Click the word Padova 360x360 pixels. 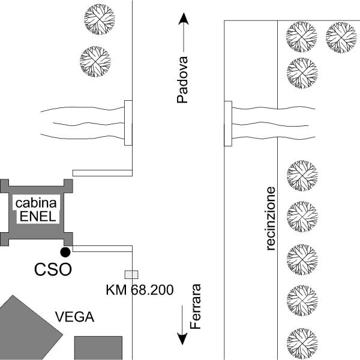pyautogui.click(x=183, y=80)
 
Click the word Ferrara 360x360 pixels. pyautogui.click(x=195, y=307)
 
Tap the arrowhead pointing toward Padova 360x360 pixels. pyautogui.click(x=183, y=21)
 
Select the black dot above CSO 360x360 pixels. pyautogui.click(x=65, y=252)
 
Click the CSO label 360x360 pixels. pyautogui.click(x=53, y=269)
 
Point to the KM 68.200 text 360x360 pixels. pyautogui.click(x=140, y=291)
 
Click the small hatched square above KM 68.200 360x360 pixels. pyautogui.click(x=129, y=274)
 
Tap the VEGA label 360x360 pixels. pyautogui.click(x=74, y=317)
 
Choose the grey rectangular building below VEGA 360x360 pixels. pyautogui.click(x=98, y=347)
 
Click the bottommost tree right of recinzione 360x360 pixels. pyautogui.click(x=302, y=341)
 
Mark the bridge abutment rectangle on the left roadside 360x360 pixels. pyautogui.click(x=127, y=123)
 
